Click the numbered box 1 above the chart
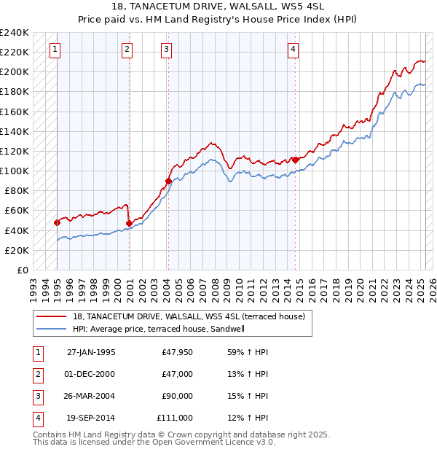(56, 50)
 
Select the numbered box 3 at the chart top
(167, 50)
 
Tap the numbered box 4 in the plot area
(293, 50)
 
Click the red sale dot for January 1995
(57, 222)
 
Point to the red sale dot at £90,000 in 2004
(168, 181)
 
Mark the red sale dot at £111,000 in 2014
(295, 160)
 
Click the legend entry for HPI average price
(162, 329)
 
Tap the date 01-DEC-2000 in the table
(90, 374)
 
